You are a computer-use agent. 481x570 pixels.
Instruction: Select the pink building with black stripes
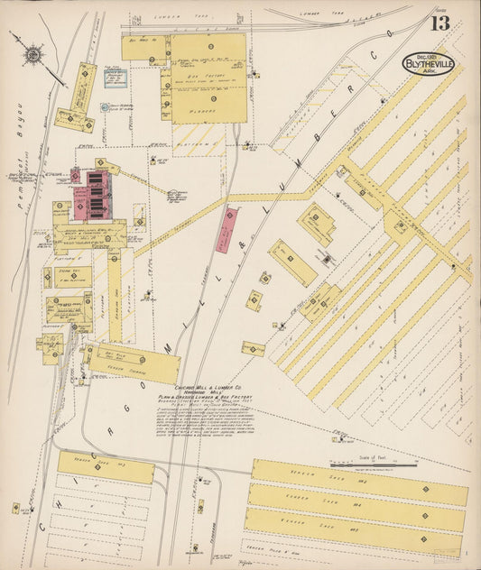(x=97, y=191)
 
